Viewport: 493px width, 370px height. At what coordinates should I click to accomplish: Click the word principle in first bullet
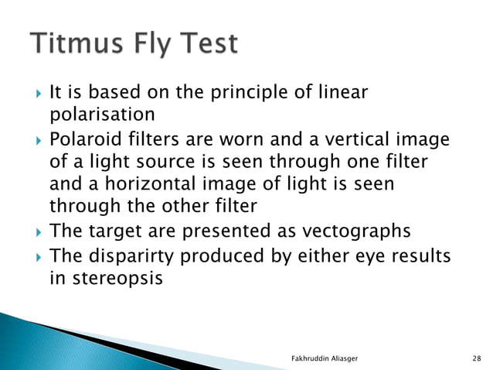point(265,93)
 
